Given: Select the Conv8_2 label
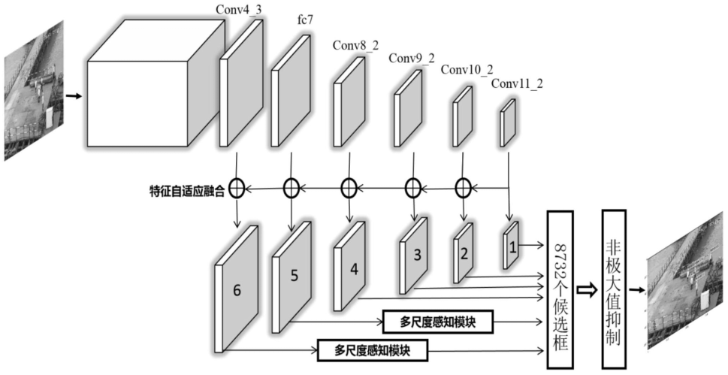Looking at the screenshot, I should point(354,46).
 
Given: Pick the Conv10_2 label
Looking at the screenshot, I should point(467,70).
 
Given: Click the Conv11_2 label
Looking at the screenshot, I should point(516,82).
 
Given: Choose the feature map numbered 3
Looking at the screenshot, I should point(415,255).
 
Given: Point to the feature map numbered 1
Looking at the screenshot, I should point(512,245).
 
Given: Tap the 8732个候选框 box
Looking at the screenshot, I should point(560,289).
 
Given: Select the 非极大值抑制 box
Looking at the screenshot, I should point(614,289).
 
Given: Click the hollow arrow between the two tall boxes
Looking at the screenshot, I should point(587,289).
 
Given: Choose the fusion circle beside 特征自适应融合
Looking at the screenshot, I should point(236,188).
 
